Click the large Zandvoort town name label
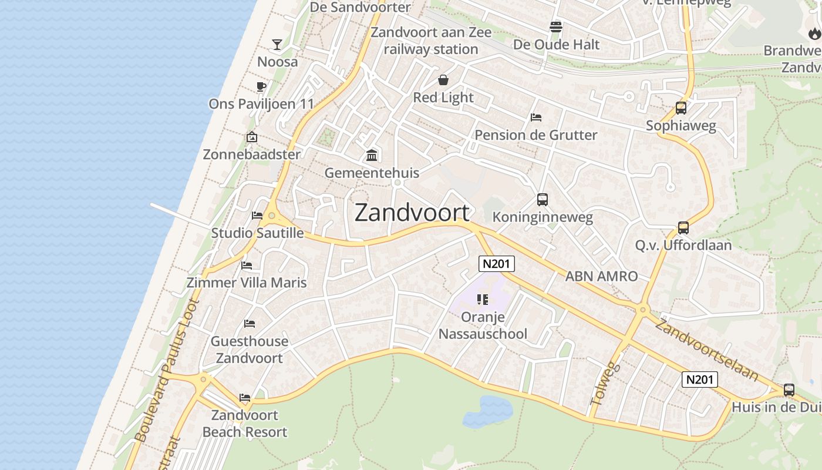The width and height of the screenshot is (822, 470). (x=412, y=213)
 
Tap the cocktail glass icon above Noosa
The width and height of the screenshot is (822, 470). (x=277, y=44)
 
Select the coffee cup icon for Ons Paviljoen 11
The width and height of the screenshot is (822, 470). (x=261, y=87)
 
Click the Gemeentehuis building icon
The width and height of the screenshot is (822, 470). (x=372, y=156)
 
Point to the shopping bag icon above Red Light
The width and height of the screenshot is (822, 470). (x=443, y=80)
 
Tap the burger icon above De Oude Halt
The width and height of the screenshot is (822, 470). (x=556, y=26)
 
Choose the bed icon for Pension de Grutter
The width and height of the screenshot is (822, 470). (x=535, y=117)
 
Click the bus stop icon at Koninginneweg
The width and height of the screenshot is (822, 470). (x=543, y=200)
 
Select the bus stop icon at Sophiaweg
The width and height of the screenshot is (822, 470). (x=681, y=108)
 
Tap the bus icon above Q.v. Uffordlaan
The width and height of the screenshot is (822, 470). (x=683, y=228)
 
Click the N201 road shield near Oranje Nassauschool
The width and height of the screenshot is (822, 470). (x=496, y=264)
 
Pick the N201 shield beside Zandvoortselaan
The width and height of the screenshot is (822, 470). (x=700, y=380)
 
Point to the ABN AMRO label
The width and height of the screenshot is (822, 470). (x=601, y=276)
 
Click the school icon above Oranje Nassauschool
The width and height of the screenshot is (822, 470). (x=483, y=300)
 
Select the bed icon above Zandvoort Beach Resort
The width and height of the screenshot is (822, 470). (x=245, y=398)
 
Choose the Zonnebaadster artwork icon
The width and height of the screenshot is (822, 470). (x=252, y=137)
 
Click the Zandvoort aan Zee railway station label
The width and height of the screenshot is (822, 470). (x=431, y=41)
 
